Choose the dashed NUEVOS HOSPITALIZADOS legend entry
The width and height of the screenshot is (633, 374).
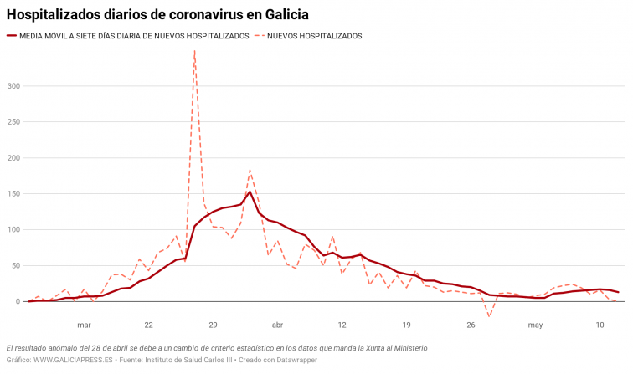tap(314, 36)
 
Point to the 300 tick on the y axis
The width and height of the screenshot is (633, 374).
tap(13, 86)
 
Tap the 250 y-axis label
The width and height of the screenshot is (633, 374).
tap(13, 122)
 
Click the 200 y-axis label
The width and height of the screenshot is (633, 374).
tap(13, 158)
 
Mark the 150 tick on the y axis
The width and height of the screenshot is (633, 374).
tap(13, 194)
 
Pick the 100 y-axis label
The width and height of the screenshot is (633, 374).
tap(13, 230)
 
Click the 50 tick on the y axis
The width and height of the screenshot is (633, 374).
tap(16, 266)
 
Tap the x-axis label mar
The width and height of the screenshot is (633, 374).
tap(84, 325)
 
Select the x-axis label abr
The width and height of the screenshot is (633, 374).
tap(277, 325)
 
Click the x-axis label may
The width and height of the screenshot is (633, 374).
tap(536, 325)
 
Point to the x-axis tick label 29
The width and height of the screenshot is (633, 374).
tap(213, 325)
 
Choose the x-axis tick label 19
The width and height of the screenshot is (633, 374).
tap(406, 325)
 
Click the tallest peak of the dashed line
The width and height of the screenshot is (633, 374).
tap(194, 51)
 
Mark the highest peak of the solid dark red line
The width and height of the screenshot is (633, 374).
tap(250, 192)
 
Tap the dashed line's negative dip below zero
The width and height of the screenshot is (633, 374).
tap(490, 316)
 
